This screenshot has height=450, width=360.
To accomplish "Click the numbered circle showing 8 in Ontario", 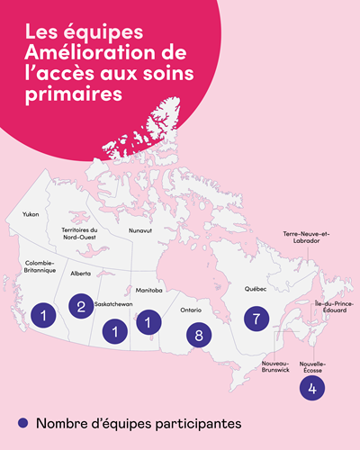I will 199,335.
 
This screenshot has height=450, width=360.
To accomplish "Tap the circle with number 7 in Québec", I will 256,319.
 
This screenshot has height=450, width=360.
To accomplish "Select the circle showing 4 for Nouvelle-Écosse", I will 311,388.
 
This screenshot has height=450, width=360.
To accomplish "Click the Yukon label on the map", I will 31,214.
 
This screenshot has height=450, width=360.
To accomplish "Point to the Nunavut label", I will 140,230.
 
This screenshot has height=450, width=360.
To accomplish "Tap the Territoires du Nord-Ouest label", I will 79,234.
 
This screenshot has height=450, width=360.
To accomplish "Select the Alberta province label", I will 81,273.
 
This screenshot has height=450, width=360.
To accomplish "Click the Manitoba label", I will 149,291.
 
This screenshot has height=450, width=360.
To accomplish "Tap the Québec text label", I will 255,290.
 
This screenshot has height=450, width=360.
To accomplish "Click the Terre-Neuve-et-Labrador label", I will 308,238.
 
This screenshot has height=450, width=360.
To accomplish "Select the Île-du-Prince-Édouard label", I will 331,308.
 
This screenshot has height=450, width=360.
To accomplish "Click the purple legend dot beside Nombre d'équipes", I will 22,422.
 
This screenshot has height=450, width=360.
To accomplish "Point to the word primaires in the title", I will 67,94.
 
